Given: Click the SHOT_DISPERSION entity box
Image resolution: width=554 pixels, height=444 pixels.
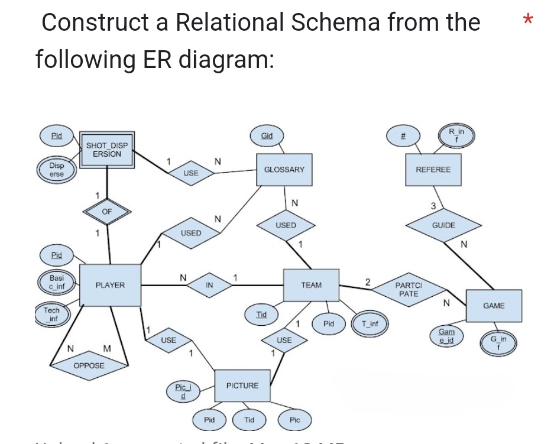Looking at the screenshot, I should [107, 150].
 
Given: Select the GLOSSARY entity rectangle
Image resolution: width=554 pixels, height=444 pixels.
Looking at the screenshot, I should [284, 170].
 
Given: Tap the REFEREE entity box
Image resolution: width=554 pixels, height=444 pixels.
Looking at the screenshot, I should [433, 170].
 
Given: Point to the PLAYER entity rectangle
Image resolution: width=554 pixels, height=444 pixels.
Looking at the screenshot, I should [110, 286].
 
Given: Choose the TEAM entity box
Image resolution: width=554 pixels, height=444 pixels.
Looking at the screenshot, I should [311, 286].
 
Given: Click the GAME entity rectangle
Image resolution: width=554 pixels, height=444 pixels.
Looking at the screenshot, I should [494, 306].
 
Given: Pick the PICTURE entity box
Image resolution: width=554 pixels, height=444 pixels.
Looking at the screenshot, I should [242, 385].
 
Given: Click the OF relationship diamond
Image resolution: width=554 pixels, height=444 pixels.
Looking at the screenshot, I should [106, 211].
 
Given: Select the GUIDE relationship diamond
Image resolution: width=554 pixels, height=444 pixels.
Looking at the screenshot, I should [443, 225].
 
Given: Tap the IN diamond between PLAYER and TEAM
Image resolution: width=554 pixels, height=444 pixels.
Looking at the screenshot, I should [209, 286].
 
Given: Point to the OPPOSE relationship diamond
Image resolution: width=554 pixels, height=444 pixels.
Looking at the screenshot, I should [89, 366].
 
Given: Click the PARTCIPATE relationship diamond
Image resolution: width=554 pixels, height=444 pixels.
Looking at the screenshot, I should [408, 290].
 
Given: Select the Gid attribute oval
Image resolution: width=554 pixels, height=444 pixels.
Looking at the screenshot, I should [267, 136].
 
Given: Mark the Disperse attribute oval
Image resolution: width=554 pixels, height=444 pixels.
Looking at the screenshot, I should [57, 170].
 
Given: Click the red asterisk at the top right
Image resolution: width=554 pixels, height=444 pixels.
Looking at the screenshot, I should [528, 20].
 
